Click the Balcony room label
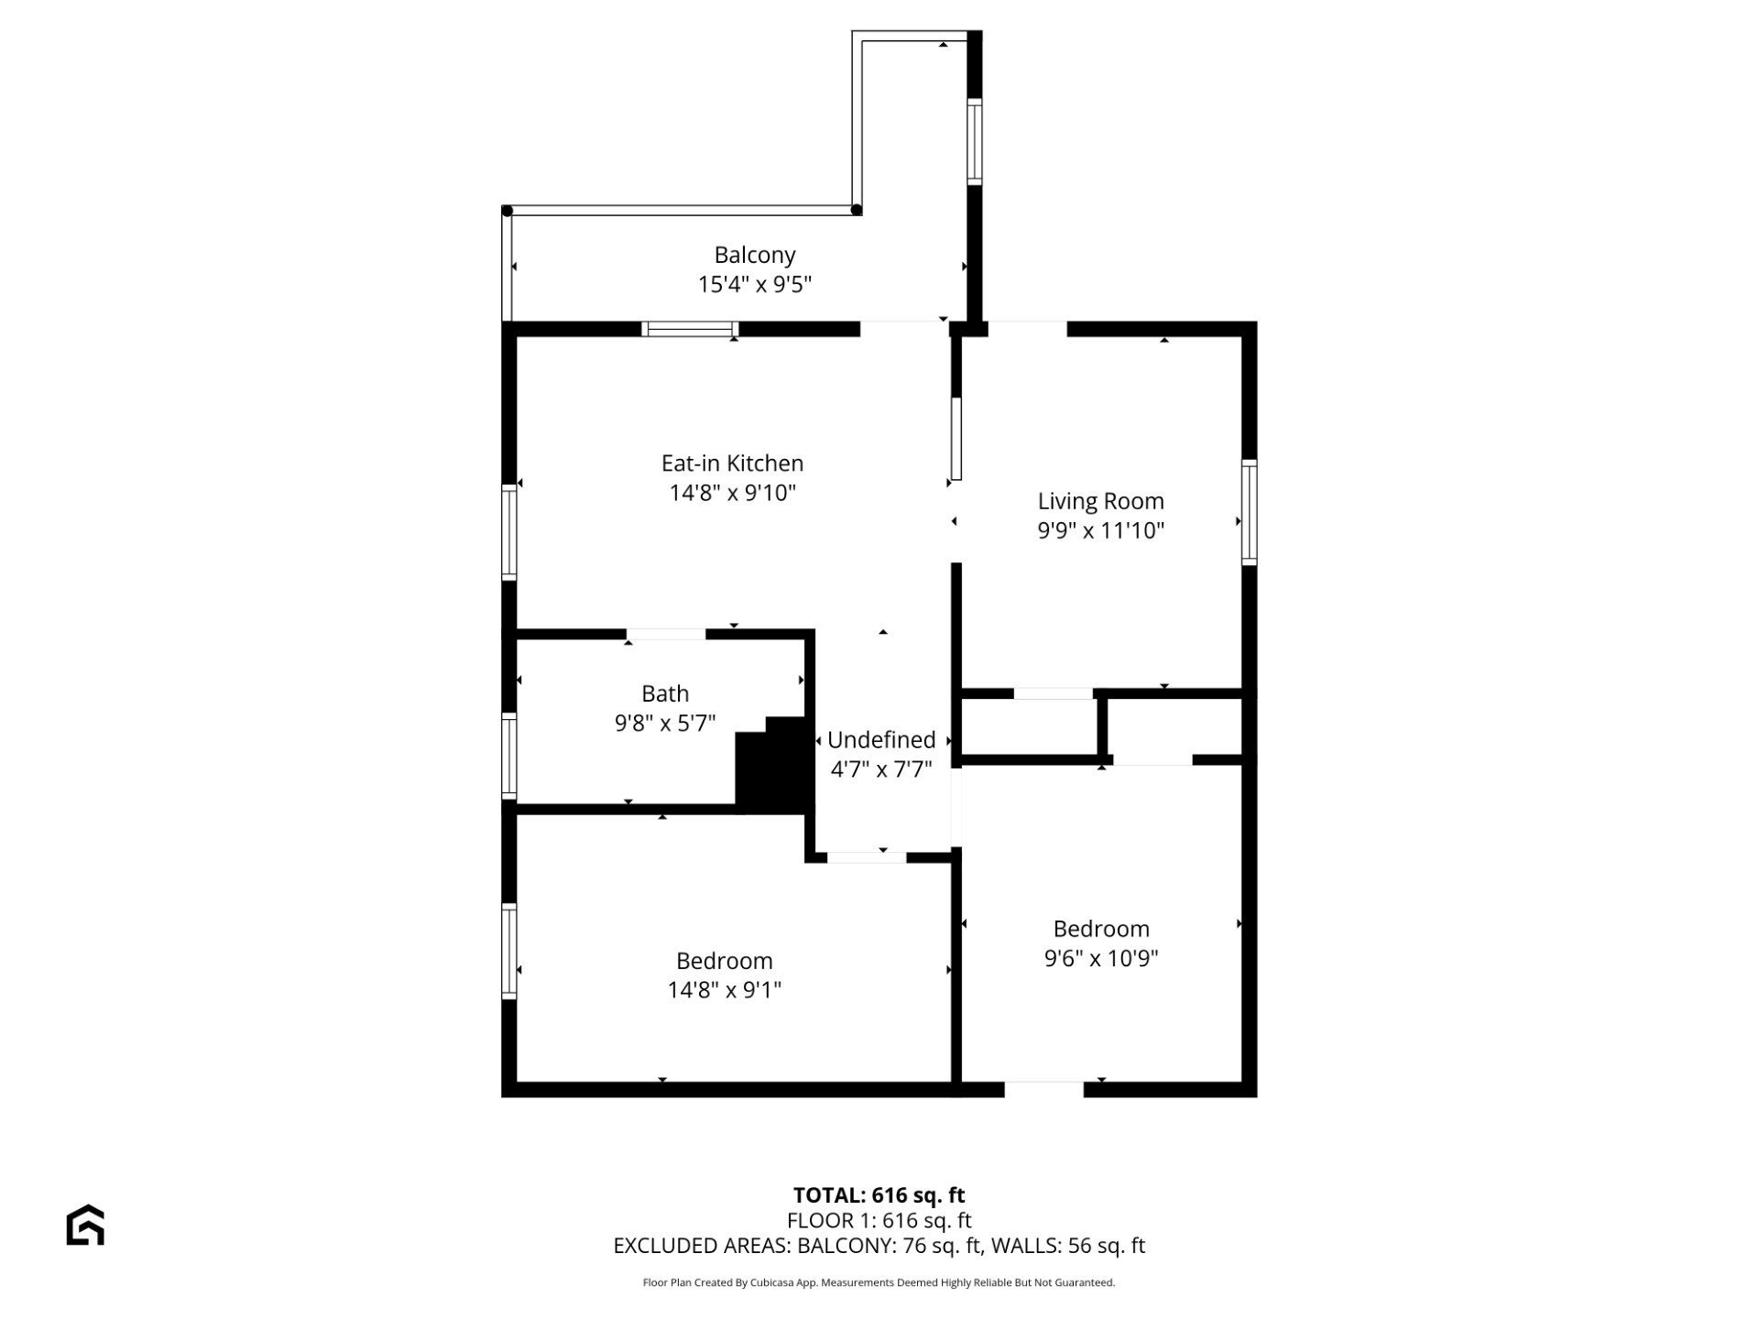pyautogui.click(x=755, y=255)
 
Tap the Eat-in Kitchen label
pyautogui.click(x=732, y=463)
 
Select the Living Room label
pyautogui.click(x=1100, y=501)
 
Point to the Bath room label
pyautogui.click(x=665, y=693)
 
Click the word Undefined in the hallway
pyautogui.click(x=881, y=739)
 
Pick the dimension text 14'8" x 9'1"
pyautogui.click(x=725, y=989)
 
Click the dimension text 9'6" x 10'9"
pyautogui.click(x=1101, y=958)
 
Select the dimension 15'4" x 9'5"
pyautogui.click(x=755, y=284)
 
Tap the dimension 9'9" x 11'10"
pyautogui.click(x=1100, y=530)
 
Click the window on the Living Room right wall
pyautogui.click(x=1249, y=512)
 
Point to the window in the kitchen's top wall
pyautogui.click(x=690, y=329)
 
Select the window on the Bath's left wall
pyautogui.click(x=508, y=755)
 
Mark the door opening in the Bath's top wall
pyautogui.click(x=666, y=634)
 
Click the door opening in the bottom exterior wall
pyautogui.click(x=1044, y=1089)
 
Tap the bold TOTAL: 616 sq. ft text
pyautogui.click(x=879, y=1194)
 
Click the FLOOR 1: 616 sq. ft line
pyautogui.click(x=879, y=1220)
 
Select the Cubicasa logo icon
pyautogui.click(x=85, y=1225)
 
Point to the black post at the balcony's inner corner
pyautogui.click(x=857, y=210)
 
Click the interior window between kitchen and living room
pyautogui.click(x=956, y=439)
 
